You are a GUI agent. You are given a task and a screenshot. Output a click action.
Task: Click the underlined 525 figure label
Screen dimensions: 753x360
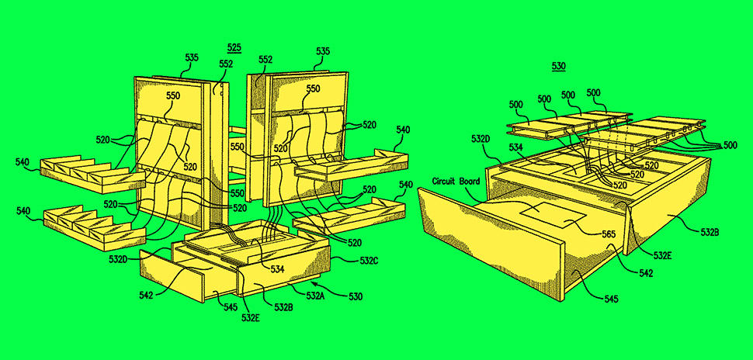tap(234, 47)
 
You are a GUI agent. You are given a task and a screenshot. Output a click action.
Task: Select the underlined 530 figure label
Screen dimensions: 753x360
tap(558, 66)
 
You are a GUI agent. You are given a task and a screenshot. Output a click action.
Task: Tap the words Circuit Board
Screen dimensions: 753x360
tap(456, 182)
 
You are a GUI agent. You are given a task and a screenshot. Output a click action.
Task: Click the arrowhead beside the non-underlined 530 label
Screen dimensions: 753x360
tap(319, 288)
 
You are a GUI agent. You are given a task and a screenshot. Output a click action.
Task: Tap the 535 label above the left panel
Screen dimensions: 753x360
tap(192, 58)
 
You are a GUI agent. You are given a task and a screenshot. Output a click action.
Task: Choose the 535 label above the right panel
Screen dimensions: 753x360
tap(322, 51)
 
